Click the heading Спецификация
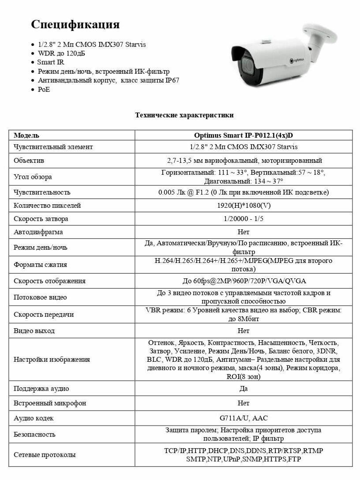75,24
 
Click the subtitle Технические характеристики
184,115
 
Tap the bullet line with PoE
44,90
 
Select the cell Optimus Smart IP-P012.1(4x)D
244,135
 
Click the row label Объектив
29,161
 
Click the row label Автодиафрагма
38,232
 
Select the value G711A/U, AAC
243,418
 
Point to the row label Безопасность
34,434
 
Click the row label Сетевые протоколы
45,455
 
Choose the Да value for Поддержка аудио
243,389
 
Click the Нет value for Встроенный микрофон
243,403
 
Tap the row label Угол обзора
33,177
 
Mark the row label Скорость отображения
49,281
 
